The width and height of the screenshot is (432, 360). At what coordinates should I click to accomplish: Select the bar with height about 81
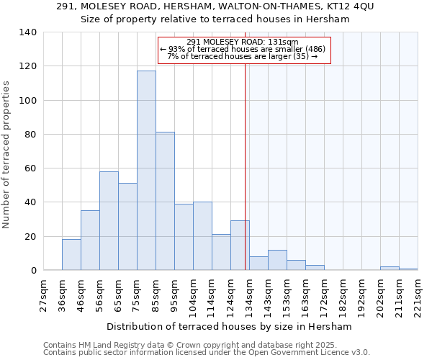tap(165, 201)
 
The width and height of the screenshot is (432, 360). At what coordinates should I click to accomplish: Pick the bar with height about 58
tap(109, 220)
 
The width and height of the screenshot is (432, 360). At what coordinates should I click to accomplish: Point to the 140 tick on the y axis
tap(28, 32)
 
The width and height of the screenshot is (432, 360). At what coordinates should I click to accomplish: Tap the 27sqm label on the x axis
tap(43, 295)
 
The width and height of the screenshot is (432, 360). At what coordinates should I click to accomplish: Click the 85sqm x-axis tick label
tap(156, 295)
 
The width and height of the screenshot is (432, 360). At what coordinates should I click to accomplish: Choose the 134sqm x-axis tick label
tap(249, 295)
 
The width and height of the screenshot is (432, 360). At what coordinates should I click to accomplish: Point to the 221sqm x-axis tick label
tap(418, 295)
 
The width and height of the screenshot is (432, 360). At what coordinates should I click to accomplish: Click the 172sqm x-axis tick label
tap(324, 295)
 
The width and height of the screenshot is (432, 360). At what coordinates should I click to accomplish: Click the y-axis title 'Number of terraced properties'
tap(6, 154)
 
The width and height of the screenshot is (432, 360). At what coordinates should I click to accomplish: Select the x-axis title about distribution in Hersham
tap(233, 327)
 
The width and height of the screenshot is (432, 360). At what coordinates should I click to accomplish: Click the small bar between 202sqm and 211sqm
tap(390, 268)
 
